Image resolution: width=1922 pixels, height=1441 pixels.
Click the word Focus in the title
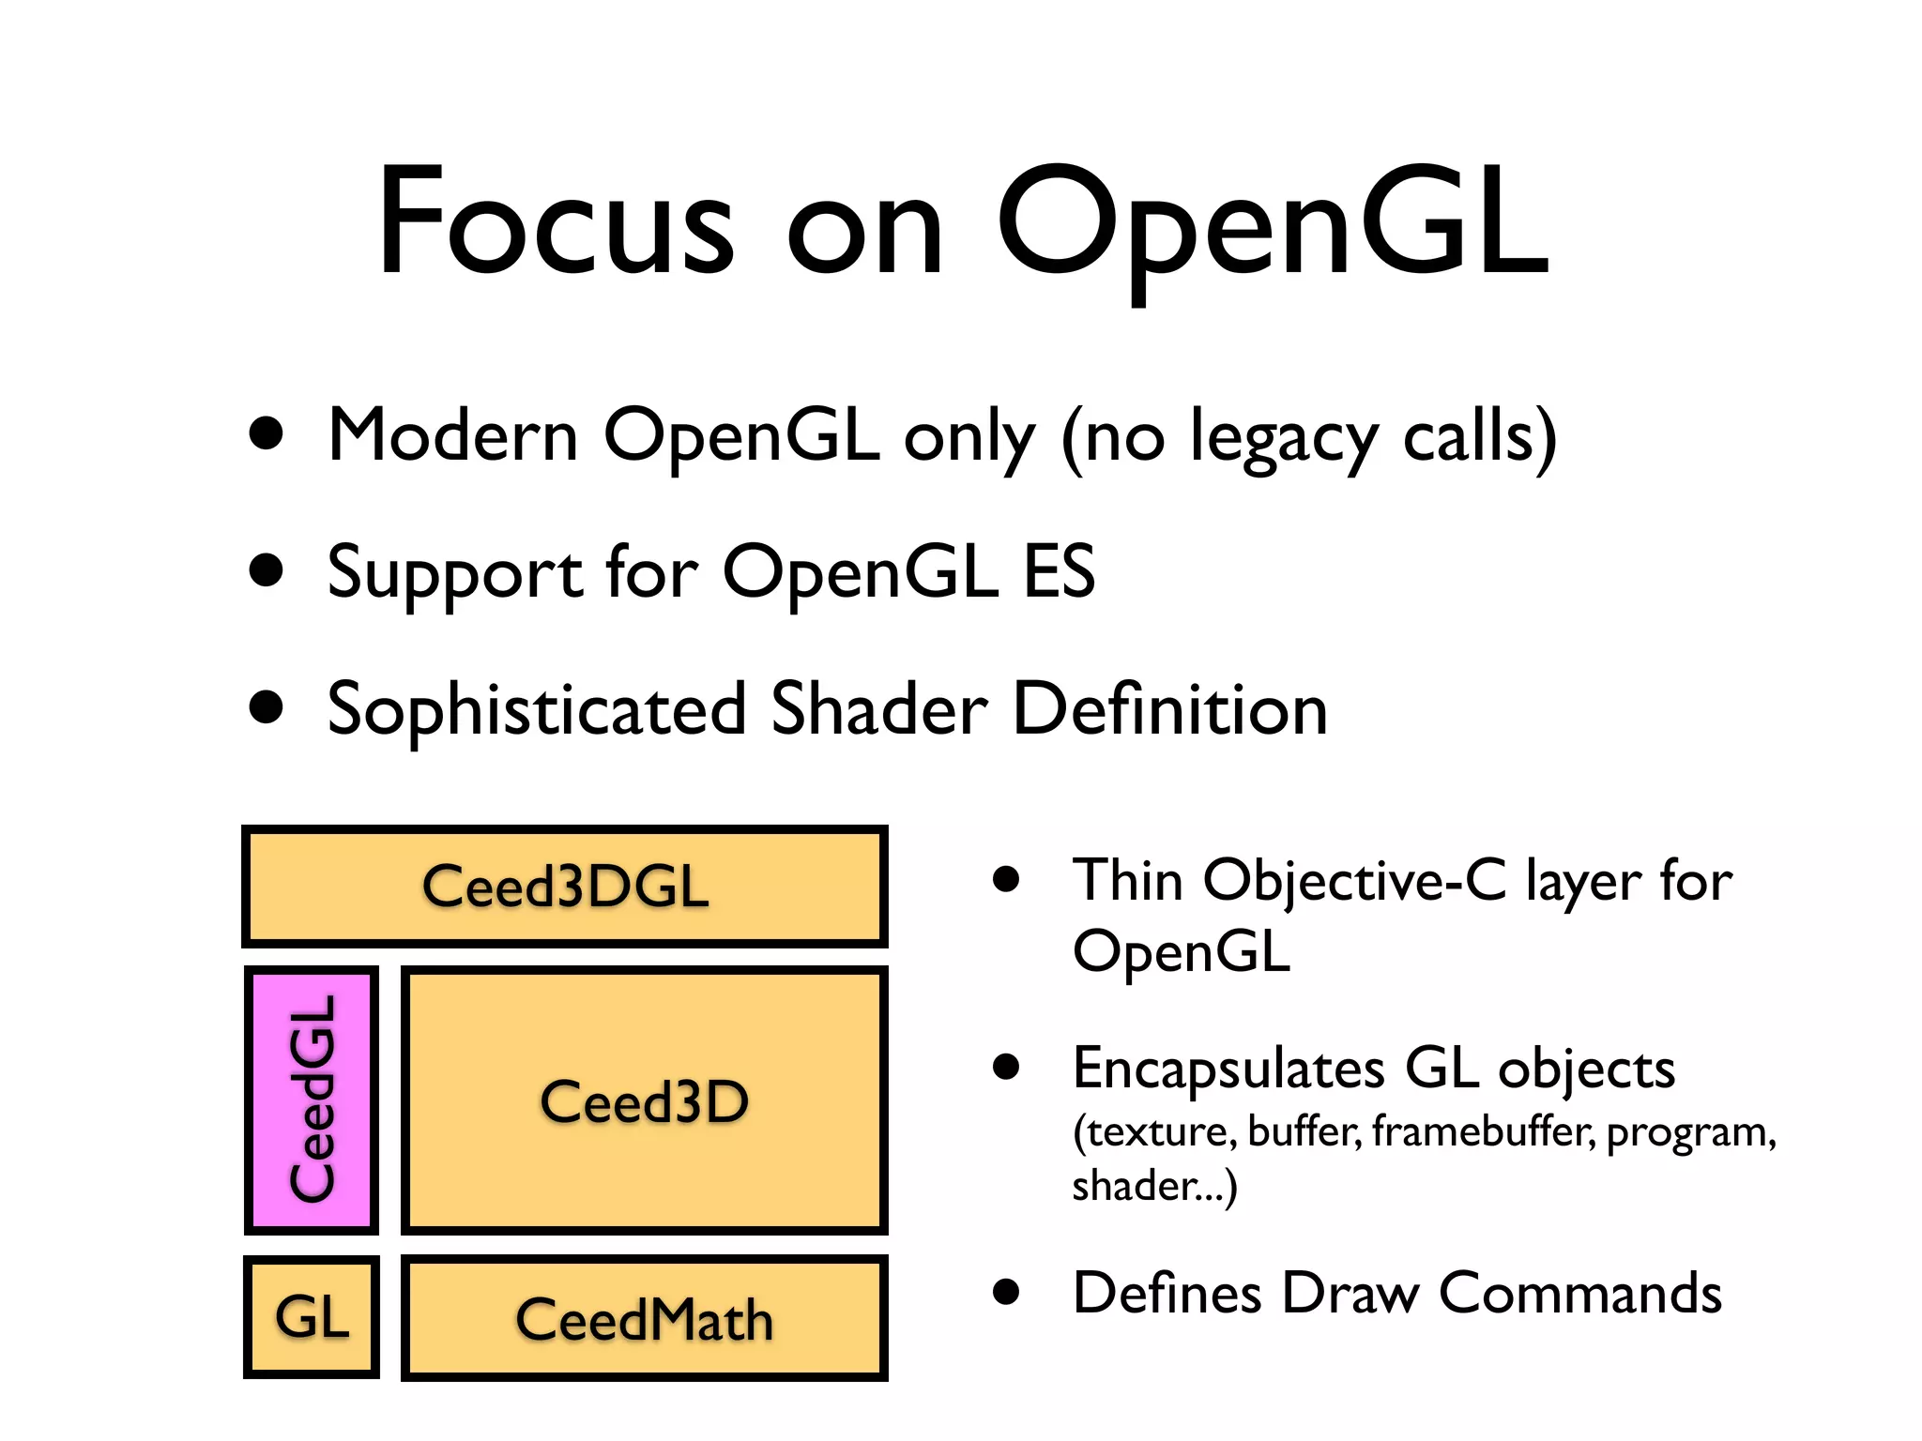[x=554, y=223]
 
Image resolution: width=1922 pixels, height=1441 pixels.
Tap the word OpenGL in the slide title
[x=1272, y=225]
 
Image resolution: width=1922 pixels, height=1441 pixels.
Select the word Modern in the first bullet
[x=453, y=436]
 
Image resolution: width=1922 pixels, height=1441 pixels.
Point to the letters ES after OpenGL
[x=1059, y=571]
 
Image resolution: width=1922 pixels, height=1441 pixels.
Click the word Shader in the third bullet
[x=879, y=709]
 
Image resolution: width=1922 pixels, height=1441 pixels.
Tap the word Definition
[x=1170, y=709]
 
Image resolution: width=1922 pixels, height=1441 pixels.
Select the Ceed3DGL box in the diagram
[x=565, y=887]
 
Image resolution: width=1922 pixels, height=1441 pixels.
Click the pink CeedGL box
[x=312, y=1100]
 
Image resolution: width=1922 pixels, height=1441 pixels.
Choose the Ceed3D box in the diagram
[x=645, y=1100]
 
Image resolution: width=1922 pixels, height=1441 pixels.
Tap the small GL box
[x=312, y=1317]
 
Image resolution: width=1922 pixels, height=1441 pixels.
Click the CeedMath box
[x=645, y=1319]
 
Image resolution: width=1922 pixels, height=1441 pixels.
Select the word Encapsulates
[x=1228, y=1069]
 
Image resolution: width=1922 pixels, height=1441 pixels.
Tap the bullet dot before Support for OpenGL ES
[x=267, y=569]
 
